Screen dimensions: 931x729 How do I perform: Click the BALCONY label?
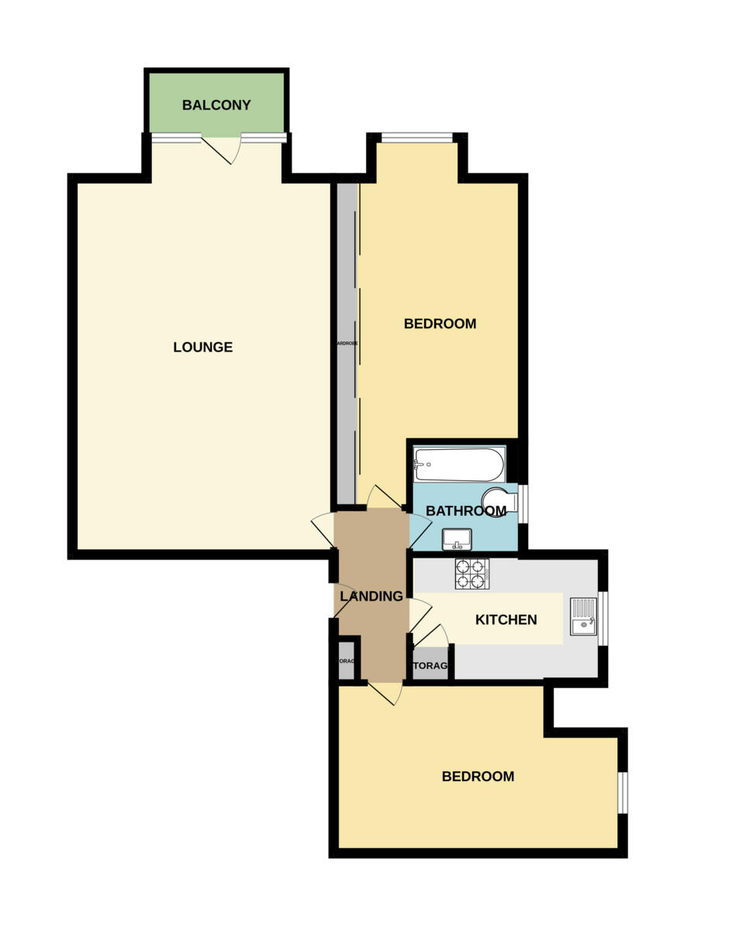pyautogui.click(x=216, y=105)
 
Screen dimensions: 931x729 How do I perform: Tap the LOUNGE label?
pyautogui.click(x=202, y=347)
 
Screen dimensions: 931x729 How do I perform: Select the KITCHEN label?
pyautogui.click(x=506, y=619)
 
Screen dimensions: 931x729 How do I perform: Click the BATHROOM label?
pyautogui.click(x=465, y=510)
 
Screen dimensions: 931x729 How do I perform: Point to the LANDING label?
pyautogui.click(x=371, y=596)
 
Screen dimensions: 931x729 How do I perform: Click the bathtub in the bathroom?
pyautogui.click(x=458, y=464)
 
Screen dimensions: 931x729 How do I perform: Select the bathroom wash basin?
pyautogui.click(x=457, y=538)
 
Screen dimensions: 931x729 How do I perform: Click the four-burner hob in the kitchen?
pyautogui.click(x=471, y=574)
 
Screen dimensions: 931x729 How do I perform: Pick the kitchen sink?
pyautogui.click(x=583, y=616)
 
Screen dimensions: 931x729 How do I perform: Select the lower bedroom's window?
pyautogui.click(x=623, y=792)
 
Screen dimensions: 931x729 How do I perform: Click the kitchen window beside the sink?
pyautogui.click(x=603, y=618)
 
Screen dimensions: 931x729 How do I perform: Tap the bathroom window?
pyautogui.click(x=523, y=504)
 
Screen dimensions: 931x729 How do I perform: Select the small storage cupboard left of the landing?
pyautogui.click(x=346, y=661)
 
